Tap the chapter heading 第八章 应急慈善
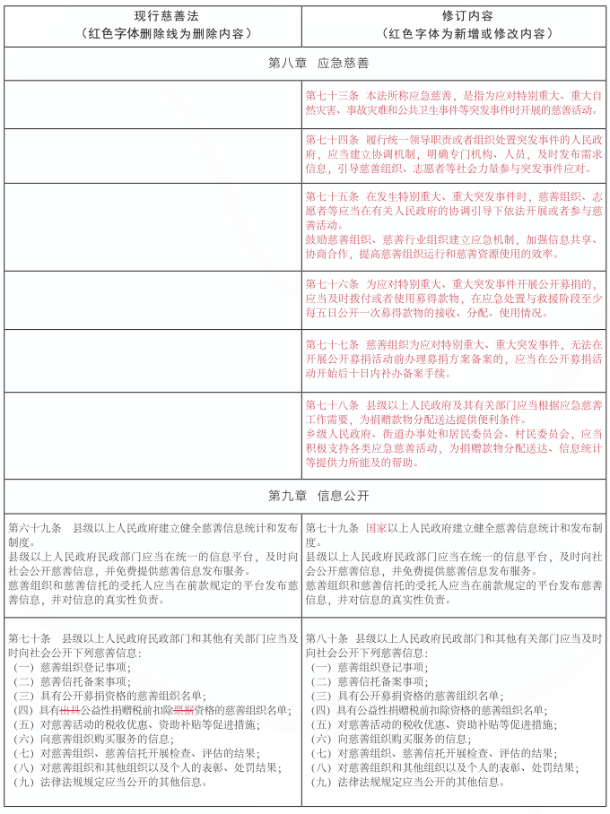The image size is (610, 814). [x=305, y=64]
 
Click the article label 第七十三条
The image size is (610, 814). [x=332, y=94]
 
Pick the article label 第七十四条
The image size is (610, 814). [x=332, y=141]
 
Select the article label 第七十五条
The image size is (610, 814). [x=332, y=195]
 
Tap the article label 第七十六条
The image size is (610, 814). [x=332, y=282]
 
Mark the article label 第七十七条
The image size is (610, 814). [x=332, y=343]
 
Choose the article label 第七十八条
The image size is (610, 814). [x=332, y=404]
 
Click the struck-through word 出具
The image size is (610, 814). [x=69, y=710]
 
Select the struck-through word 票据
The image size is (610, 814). [x=184, y=710]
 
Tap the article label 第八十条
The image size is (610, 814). [x=327, y=638]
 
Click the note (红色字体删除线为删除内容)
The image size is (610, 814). [x=152, y=34]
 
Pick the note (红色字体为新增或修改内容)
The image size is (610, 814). [x=455, y=34]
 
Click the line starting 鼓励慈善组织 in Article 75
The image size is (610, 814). [x=453, y=239]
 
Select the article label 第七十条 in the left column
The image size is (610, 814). [x=30, y=638]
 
